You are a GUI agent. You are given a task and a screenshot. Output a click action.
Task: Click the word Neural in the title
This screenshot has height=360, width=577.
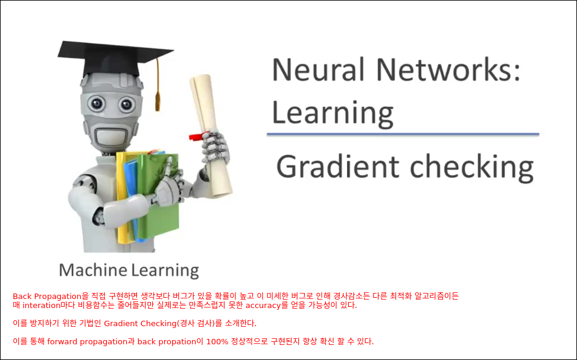[318, 69]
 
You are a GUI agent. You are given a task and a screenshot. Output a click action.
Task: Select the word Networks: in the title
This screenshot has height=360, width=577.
[448, 69]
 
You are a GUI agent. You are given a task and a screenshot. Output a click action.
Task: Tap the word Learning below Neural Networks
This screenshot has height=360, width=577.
[333, 114]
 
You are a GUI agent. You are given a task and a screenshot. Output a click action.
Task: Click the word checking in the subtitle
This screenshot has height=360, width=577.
[472, 168]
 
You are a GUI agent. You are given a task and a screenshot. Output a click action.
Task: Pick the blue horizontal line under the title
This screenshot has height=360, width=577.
[403, 134]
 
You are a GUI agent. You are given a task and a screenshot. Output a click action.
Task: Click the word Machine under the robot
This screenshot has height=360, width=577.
[93, 270]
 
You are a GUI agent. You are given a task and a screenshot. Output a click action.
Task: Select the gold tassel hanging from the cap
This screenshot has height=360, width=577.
[158, 85]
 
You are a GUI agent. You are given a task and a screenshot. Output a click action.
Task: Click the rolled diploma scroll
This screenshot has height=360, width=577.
[211, 135]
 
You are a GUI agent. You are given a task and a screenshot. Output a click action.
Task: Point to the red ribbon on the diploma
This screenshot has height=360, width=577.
[197, 136]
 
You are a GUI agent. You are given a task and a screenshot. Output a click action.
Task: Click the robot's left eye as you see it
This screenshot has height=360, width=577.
[97, 103]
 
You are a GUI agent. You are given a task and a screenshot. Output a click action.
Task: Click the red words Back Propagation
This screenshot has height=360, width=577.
[47, 297]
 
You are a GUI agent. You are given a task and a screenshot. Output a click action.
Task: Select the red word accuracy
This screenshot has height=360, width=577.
[263, 306]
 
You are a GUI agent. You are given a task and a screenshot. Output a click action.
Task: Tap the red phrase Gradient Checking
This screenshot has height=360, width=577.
[141, 324]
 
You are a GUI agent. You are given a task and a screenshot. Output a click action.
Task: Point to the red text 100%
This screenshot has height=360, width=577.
[217, 342]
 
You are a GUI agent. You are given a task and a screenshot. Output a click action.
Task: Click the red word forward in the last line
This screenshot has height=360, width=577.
[62, 342]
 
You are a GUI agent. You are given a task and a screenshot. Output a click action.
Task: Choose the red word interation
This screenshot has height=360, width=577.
[42, 305]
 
